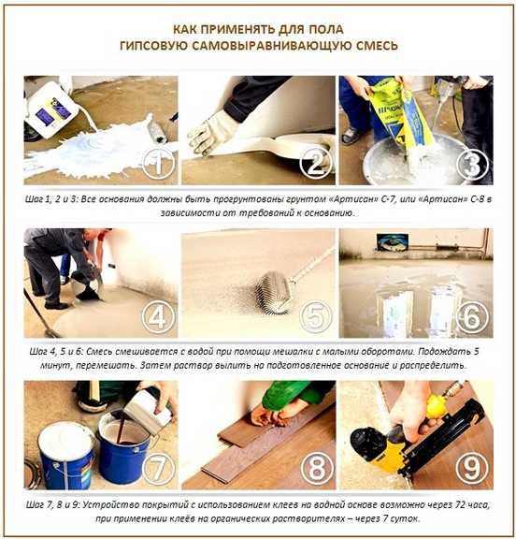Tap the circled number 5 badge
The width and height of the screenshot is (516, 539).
pyautogui.click(x=316, y=316)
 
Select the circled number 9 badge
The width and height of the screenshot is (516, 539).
pyautogui.click(x=472, y=468)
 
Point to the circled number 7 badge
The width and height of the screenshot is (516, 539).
pyautogui.click(x=158, y=468)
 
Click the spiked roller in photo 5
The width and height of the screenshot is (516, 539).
pyautogui.click(x=275, y=292)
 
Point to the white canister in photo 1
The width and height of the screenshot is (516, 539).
pyautogui.click(x=51, y=109)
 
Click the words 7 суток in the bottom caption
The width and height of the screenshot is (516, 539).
pyautogui.click(x=401, y=518)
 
